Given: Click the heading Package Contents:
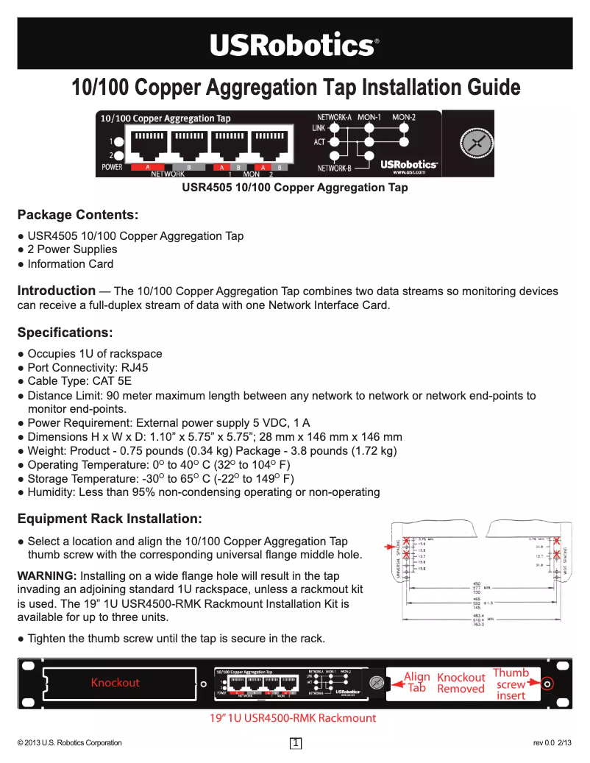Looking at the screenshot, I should (x=77, y=215).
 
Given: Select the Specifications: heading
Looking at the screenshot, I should (x=65, y=333).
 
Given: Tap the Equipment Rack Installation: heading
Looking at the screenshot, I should (x=109, y=519).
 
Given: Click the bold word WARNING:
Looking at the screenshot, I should (x=46, y=575).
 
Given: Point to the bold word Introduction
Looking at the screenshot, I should (x=56, y=291).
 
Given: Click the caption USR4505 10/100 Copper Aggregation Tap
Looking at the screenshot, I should (x=294, y=188).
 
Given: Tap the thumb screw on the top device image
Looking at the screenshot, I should (x=475, y=143).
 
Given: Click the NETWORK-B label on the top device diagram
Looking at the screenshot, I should (x=334, y=168).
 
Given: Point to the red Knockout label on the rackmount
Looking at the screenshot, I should (x=115, y=683).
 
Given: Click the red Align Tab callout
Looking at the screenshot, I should (x=416, y=682).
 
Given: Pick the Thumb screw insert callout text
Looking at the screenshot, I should (x=511, y=684).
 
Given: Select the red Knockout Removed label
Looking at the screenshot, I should (x=461, y=683).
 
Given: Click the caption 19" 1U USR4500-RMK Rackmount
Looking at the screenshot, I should (x=294, y=718).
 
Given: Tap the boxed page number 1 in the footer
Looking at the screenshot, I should (x=296, y=743).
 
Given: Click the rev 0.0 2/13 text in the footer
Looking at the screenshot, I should (x=552, y=743).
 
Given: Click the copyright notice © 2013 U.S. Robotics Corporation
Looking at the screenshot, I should (x=69, y=743).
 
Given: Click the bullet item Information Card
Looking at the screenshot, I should (x=70, y=264).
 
